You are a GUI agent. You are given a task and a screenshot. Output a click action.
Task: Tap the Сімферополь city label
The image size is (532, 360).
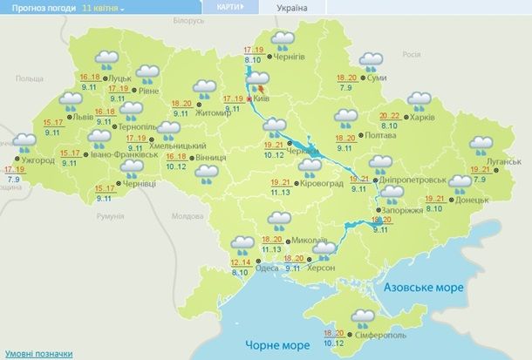click(377, 336)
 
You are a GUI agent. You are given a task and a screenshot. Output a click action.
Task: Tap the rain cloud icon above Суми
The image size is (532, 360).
click(372, 61)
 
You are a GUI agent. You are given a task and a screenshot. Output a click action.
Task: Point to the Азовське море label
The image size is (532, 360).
click(426, 286)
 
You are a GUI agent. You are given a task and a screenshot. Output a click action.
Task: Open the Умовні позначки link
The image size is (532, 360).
click(36, 353)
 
